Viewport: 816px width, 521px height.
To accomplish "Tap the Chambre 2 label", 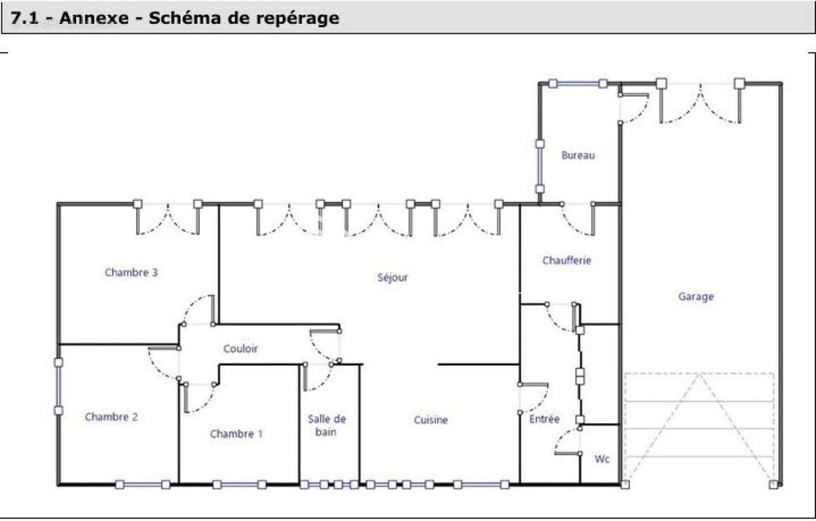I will tap(111, 417).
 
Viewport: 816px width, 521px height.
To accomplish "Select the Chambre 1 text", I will tap(236, 433).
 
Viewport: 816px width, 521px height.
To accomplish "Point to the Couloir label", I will tap(241, 348).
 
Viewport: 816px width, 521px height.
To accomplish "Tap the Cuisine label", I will tap(431, 420).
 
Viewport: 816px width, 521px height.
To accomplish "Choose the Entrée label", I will tap(544, 419).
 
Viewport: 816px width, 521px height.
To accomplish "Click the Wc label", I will tap(602, 458).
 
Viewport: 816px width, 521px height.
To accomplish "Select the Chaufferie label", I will tap(566, 260).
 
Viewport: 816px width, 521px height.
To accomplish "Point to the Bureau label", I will tap(578, 155).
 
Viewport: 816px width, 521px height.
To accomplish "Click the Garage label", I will tap(696, 297).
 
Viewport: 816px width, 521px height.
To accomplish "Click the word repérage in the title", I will tap(299, 18).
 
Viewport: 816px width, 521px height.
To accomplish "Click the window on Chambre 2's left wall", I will tap(59, 386).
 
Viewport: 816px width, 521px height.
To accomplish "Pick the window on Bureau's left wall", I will tap(540, 167).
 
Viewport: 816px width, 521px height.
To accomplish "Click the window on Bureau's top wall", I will tap(578, 84).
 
